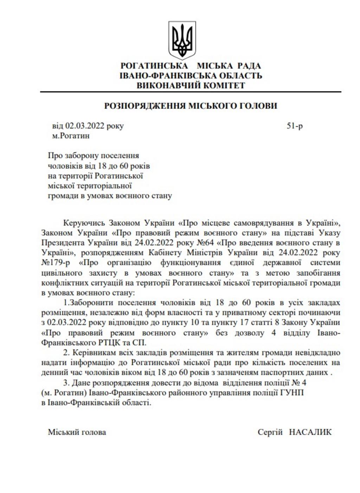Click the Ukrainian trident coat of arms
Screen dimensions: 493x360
(x=182, y=40)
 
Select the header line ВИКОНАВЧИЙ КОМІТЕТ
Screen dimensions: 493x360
(x=191, y=85)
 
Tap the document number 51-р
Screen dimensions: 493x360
(x=294, y=126)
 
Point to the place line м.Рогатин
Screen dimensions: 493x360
(x=71, y=136)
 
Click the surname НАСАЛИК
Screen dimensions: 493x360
(x=310, y=432)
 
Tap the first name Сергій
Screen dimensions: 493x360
(x=270, y=432)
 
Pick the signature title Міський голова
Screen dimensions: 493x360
(x=77, y=432)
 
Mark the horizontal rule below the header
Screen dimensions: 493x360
(x=191, y=92)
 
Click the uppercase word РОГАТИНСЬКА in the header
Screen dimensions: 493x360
(x=154, y=66)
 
